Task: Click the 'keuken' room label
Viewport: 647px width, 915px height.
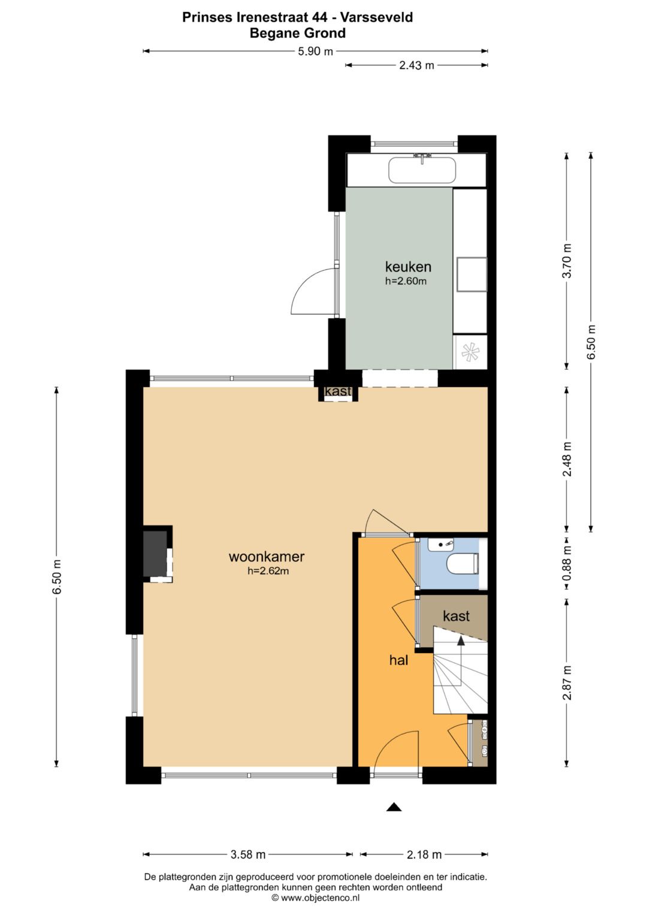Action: click(x=408, y=267)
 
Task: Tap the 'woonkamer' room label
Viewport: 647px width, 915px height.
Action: click(x=267, y=556)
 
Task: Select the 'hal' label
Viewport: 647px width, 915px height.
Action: click(x=398, y=660)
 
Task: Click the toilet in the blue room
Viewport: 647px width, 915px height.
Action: click(x=463, y=564)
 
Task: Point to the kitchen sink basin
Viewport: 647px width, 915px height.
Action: click(x=422, y=170)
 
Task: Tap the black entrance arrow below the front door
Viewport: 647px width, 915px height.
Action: click(x=394, y=807)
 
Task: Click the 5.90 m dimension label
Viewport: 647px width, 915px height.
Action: click(x=315, y=52)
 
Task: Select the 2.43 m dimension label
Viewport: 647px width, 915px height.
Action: click(x=416, y=65)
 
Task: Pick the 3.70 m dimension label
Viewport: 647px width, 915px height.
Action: click(x=567, y=261)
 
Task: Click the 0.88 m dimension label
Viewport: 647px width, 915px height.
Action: click(x=567, y=563)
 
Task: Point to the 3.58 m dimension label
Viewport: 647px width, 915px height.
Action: click(x=248, y=854)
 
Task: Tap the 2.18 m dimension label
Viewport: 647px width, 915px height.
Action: click(x=424, y=854)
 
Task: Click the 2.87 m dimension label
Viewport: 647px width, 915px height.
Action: click(x=567, y=683)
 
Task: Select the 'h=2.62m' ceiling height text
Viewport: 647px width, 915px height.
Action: click(x=268, y=571)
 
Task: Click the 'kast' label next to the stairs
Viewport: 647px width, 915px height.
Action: click(x=456, y=616)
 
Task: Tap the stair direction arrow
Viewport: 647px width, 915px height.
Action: click(x=461, y=642)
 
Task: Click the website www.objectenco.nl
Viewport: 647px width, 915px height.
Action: click(x=315, y=898)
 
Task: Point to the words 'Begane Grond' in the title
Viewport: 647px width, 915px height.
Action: click(x=297, y=33)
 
